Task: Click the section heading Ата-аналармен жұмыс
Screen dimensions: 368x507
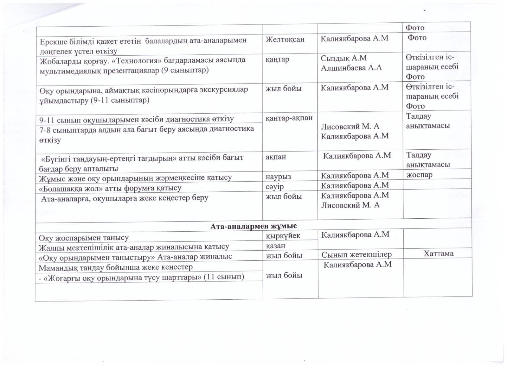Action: coord(253,226)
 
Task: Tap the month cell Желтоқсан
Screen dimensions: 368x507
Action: coord(285,39)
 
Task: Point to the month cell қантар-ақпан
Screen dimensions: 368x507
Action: coord(289,118)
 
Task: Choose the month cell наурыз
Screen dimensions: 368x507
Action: coord(278,177)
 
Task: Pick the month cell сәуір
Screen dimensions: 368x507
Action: coord(275,187)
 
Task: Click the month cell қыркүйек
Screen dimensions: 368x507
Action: coord(283,236)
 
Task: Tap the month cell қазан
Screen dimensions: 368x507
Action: coord(275,246)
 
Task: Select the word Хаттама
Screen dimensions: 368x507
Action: coord(438,253)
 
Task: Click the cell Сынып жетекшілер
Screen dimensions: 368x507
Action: coord(356,254)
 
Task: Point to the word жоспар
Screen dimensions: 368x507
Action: coord(419,175)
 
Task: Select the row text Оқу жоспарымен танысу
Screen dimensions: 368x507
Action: coord(84,238)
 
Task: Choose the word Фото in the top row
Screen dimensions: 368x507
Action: coord(415,28)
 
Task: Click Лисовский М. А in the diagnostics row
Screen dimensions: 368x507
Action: coord(350,127)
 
